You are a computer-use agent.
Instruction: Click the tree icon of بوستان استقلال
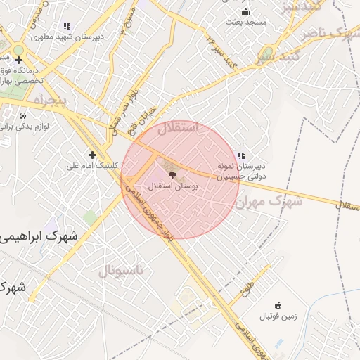click(173, 174)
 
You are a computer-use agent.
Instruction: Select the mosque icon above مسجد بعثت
click(245, 11)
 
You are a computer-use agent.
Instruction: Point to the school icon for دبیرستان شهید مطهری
click(67, 26)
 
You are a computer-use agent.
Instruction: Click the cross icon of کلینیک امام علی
click(91, 154)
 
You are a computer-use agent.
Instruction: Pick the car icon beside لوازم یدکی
click(23, 115)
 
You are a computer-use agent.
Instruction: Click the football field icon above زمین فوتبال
click(278, 304)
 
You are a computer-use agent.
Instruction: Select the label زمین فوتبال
click(278, 316)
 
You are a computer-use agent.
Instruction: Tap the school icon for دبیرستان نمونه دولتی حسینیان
click(241, 155)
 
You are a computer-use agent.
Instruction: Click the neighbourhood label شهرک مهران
click(269, 202)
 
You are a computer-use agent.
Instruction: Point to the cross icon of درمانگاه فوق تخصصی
click(19, 60)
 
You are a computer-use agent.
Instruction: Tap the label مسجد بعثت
click(246, 22)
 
